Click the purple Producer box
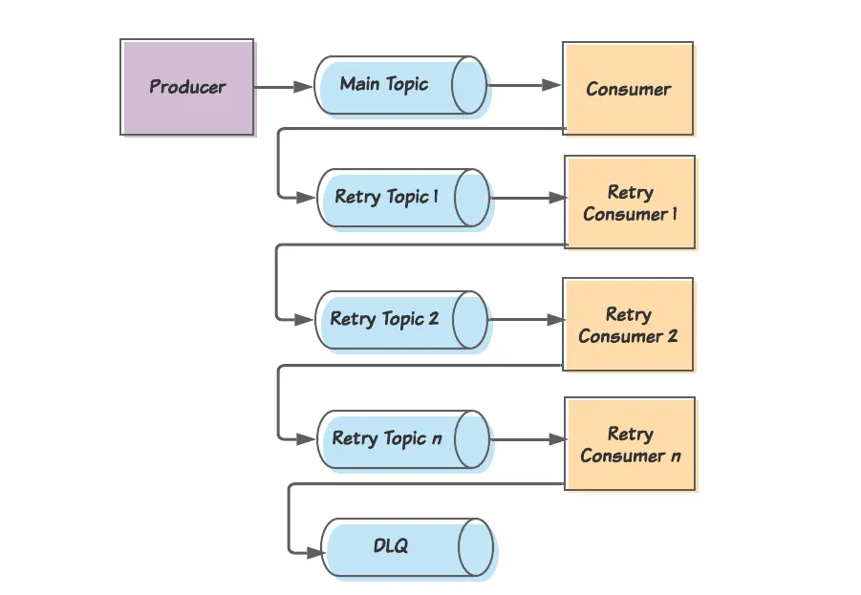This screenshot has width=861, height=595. (187, 87)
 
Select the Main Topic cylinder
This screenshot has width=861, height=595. (400, 86)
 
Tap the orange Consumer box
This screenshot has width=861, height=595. (628, 89)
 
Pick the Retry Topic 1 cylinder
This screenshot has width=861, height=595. (403, 198)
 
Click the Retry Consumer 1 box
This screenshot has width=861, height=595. (631, 202)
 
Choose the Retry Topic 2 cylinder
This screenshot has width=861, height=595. (401, 320)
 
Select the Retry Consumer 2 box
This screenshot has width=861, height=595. (628, 325)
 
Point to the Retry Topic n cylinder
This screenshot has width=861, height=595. (403, 439)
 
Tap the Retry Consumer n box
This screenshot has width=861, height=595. (631, 443)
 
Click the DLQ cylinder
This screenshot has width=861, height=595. (407, 548)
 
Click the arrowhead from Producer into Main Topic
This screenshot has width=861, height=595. (303, 87)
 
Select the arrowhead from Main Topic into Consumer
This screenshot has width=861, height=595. (551, 85)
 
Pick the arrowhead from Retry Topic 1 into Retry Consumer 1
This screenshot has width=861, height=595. (557, 198)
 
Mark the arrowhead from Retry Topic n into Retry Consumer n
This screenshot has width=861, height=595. (557, 439)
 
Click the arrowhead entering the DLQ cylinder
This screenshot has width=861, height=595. (314, 552)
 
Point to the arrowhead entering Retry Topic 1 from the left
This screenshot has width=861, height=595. (305, 198)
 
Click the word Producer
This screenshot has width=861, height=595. (187, 87)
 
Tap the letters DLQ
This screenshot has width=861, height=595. (391, 545)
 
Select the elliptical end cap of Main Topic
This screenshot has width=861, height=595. (469, 85)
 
